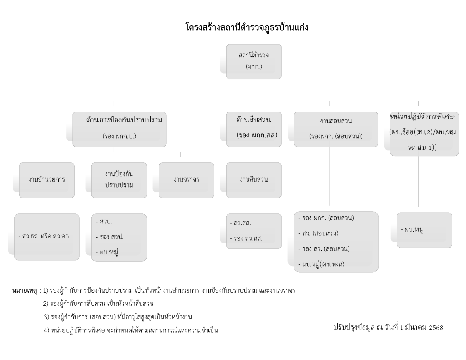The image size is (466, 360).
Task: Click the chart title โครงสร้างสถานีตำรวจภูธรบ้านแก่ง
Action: pyautogui.click(x=247, y=28)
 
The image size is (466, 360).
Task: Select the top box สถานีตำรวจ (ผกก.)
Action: pyautogui.click(x=254, y=61)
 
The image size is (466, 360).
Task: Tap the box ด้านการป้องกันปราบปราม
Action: pyautogui.click(x=120, y=129)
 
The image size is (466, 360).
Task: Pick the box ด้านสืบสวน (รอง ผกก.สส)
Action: pyautogui.click(x=254, y=129)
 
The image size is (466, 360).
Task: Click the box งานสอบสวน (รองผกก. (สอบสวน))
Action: pyautogui.click(x=336, y=129)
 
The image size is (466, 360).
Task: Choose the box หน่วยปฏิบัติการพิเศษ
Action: pyautogui.click(x=425, y=133)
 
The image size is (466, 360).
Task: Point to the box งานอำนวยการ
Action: pyautogui.click(x=47, y=180)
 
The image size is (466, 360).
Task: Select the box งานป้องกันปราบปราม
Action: pyautogui.click(x=119, y=180)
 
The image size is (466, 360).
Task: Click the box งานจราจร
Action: pyautogui.click(x=186, y=180)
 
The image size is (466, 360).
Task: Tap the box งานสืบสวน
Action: pyautogui.click(x=254, y=180)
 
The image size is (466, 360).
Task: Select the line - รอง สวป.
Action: pyautogui.click(x=110, y=237)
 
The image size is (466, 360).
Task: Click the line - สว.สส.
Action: pyautogui.click(x=240, y=223)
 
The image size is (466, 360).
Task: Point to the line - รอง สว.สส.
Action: pyautogui.click(x=246, y=238)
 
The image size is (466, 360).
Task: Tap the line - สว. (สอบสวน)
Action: pyautogui.click(x=318, y=233)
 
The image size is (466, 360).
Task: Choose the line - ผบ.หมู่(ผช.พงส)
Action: pyautogui.click(x=321, y=264)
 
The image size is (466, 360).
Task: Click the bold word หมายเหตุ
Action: pyautogui.click(x=25, y=291)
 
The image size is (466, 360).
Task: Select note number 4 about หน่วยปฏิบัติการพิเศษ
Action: pyautogui.click(x=131, y=330)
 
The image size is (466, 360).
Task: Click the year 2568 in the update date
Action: pyautogui.click(x=436, y=328)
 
